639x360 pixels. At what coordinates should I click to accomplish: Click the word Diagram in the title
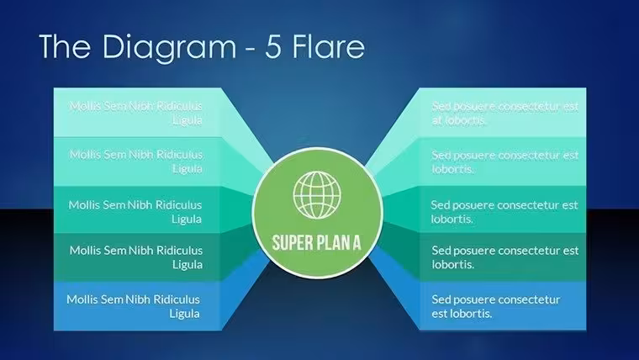click(x=169, y=48)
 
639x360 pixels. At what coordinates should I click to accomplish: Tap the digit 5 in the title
click(x=273, y=46)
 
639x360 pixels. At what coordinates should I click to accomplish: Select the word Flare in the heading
click(x=329, y=46)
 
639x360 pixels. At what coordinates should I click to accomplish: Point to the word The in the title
click(x=65, y=46)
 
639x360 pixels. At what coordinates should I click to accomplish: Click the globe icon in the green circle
click(x=317, y=194)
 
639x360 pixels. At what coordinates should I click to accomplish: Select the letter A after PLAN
click(x=356, y=242)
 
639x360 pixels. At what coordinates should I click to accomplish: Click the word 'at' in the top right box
click(x=436, y=120)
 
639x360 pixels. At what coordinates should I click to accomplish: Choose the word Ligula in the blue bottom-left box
click(x=185, y=314)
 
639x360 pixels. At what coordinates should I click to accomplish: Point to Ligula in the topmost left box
click(x=187, y=120)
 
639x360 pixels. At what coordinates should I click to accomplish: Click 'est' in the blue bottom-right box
click(x=439, y=314)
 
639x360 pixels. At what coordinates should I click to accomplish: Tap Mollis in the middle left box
click(x=84, y=204)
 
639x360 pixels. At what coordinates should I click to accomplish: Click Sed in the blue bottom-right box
click(x=441, y=299)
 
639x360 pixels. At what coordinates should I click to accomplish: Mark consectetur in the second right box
click(x=529, y=156)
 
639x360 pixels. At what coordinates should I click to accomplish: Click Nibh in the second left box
click(x=141, y=155)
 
